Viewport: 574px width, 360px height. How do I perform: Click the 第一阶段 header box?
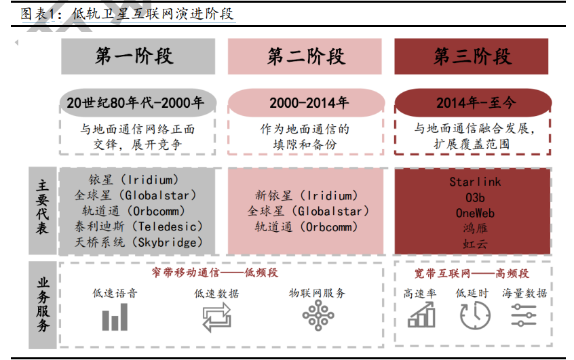(x=138, y=56)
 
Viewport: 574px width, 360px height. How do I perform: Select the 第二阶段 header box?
(x=305, y=56)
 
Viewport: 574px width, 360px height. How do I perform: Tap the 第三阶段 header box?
(x=472, y=56)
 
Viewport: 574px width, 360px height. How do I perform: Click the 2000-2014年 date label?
(x=305, y=103)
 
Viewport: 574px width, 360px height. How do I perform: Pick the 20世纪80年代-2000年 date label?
(x=138, y=103)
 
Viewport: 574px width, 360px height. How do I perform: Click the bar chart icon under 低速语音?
(x=115, y=317)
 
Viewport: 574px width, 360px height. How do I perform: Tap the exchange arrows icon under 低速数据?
(x=216, y=317)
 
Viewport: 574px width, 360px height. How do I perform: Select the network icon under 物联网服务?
(x=318, y=316)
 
